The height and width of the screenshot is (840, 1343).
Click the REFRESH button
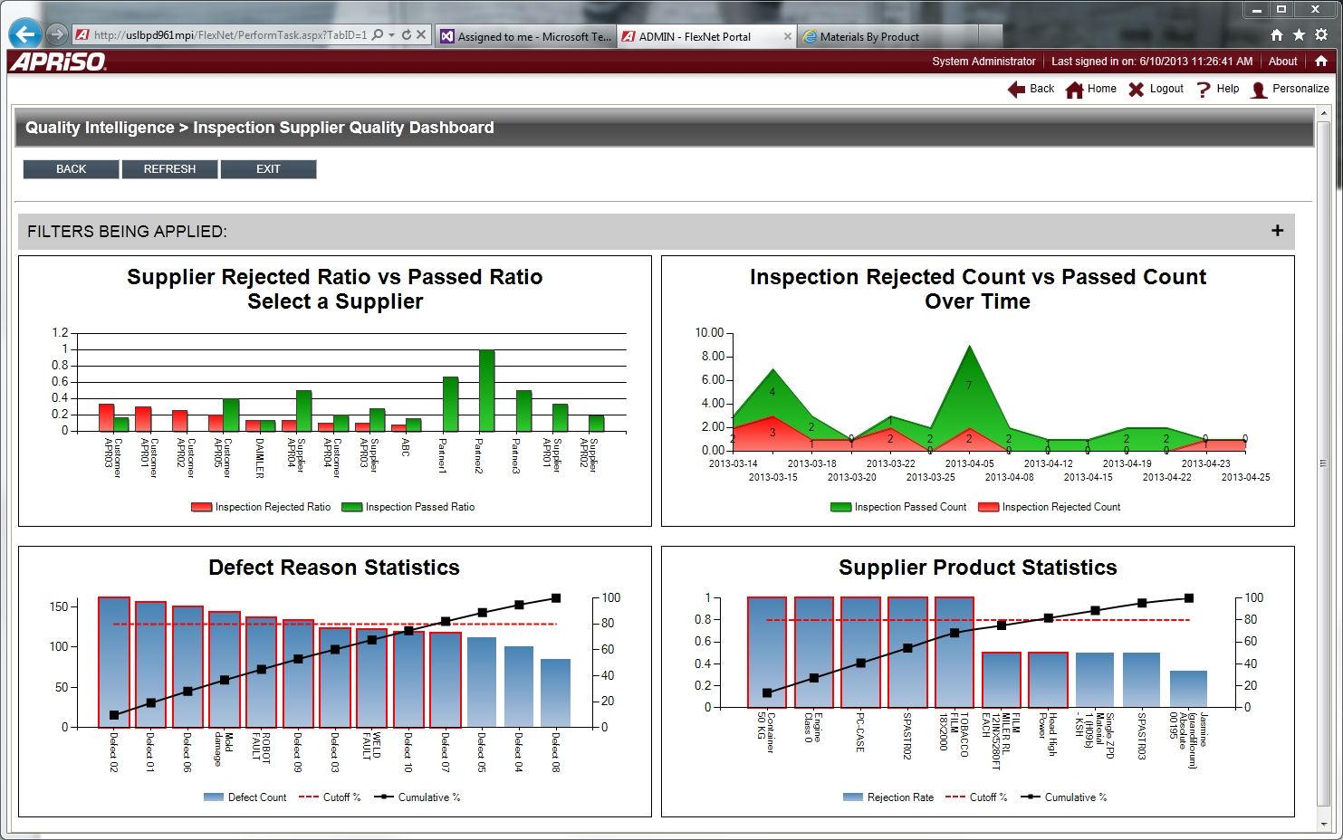[x=169, y=169]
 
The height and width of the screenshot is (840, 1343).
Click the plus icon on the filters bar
[x=1277, y=231]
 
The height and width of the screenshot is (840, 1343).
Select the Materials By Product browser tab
[x=868, y=37]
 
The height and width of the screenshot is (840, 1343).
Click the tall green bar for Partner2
[x=486, y=390]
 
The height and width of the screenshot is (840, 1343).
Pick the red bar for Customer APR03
[x=107, y=417]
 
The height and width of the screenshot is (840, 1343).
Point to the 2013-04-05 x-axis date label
[x=969, y=463]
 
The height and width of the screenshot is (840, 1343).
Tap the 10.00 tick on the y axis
[x=709, y=333]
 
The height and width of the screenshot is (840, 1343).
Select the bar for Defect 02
[x=114, y=662]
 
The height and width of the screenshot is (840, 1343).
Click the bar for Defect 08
[x=555, y=692]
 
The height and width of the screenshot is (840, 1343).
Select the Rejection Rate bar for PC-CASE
[x=860, y=652]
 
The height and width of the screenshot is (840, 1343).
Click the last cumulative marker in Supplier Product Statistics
[x=1189, y=598]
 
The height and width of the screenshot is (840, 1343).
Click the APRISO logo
[x=59, y=62]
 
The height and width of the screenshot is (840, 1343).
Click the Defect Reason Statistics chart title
[x=334, y=568]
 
